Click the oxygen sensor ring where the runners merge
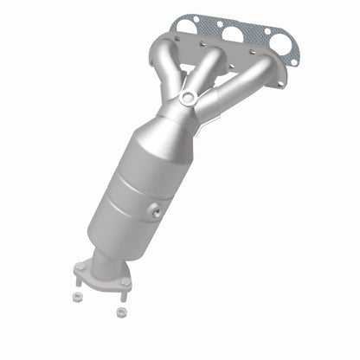[x=188, y=99]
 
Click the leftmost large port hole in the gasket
[x=189, y=26]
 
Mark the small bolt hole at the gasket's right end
[x=294, y=61]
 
